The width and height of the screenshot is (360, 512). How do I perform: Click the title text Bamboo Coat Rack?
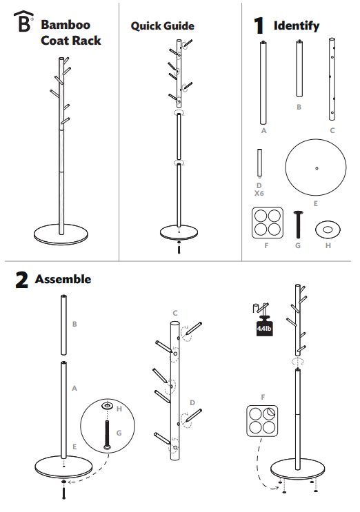click(70, 33)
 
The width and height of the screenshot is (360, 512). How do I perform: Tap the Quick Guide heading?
click(162, 26)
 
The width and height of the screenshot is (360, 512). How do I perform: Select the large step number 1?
click(259, 26)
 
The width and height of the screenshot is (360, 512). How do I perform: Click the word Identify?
click(297, 26)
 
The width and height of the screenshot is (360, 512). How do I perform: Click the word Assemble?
click(63, 280)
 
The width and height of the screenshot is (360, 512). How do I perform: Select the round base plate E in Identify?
click(316, 168)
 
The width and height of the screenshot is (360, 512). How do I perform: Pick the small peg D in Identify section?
click(259, 163)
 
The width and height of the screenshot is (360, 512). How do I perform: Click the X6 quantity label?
click(259, 194)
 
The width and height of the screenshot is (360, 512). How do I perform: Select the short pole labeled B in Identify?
click(299, 69)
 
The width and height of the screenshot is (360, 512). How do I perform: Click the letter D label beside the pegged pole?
click(193, 402)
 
